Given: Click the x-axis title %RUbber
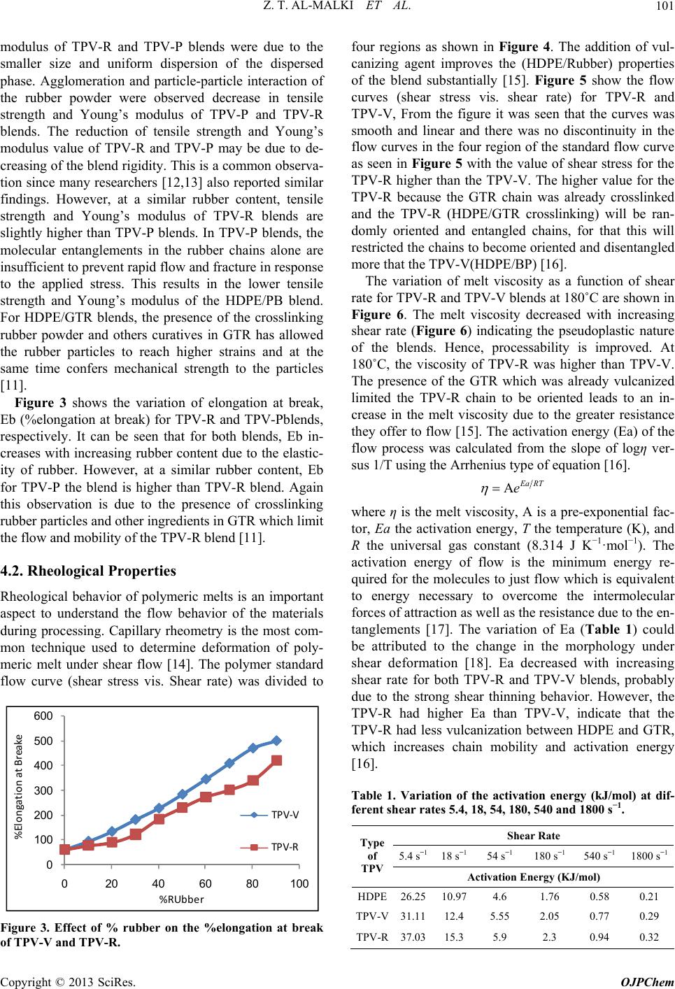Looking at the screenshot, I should [x=181, y=899].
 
